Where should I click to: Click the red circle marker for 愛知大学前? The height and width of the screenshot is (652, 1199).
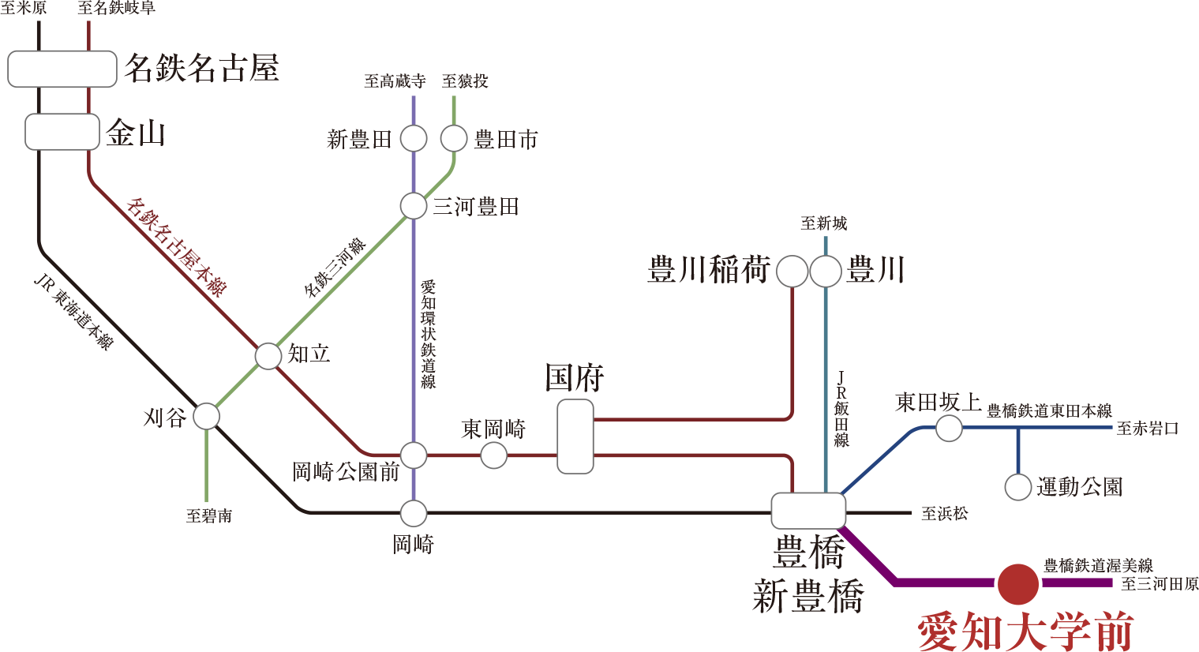[x=1017, y=583]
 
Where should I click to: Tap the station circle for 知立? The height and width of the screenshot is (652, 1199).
[x=268, y=356]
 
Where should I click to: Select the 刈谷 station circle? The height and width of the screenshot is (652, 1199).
[x=207, y=416]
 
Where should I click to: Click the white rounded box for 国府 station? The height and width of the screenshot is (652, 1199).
[x=575, y=437]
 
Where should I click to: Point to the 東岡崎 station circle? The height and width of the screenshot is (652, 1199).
[x=494, y=455]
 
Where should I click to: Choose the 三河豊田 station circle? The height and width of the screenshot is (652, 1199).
[x=414, y=206]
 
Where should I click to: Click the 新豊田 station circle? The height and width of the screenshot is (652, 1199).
[x=414, y=139]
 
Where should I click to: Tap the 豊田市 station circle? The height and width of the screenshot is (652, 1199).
[x=454, y=139]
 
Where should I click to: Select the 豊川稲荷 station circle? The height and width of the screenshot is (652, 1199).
[x=792, y=272]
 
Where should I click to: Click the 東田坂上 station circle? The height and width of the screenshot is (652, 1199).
[x=949, y=429]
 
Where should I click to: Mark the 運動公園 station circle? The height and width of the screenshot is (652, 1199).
[x=1018, y=487]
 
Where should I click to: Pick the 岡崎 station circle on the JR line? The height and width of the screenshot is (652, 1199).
[x=414, y=514]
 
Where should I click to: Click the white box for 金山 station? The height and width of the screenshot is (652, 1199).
[x=62, y=132]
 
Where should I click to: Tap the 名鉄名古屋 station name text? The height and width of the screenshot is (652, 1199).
[x=201, y=69]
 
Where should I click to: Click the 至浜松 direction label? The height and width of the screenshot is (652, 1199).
[x=944, y=514]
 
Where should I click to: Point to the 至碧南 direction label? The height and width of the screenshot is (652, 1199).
[x=209, y=516]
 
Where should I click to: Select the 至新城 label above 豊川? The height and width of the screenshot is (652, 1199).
[x=823, y=223]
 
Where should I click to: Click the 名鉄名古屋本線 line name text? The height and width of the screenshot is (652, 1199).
[x=176, y=247]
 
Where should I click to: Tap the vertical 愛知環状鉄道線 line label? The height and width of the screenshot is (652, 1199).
[x=428, y=334]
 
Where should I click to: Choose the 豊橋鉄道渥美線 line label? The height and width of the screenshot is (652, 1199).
[x=1098, y=565]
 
